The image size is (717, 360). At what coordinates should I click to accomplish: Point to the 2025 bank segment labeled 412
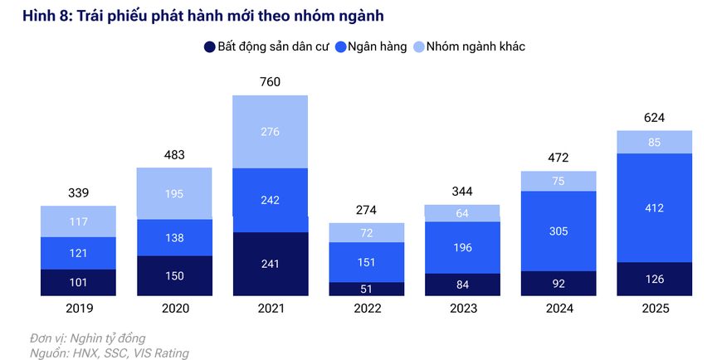[x=654, y=208]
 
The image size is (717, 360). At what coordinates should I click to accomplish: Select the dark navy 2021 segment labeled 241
[x=271, y=265]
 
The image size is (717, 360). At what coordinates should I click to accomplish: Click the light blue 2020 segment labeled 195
[x=174, y=193]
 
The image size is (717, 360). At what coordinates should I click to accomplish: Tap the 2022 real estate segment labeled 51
[x=366, y=289]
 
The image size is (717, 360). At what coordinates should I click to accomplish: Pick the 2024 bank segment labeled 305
[x=558, y=231]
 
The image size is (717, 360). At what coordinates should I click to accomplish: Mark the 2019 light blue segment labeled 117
[x=79, y=221]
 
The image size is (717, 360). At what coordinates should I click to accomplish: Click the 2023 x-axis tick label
[x=462, y=309]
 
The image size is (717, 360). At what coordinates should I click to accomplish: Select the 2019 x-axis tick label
[x=79, y=309]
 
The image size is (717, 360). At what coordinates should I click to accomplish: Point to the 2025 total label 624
[x=654, y=117]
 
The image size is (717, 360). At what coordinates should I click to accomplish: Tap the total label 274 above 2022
[x=366, y=209]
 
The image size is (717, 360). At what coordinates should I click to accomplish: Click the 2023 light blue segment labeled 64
[x=462, y=213]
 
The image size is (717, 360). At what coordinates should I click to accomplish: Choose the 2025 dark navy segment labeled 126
[x=654, y=279]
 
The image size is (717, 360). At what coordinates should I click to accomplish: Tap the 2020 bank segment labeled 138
[x=174, y=237]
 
